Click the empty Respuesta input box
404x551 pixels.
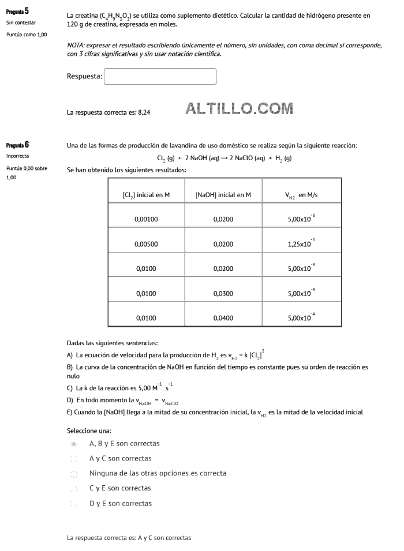tap(160, 77)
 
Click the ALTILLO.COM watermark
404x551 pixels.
tap(240, 108)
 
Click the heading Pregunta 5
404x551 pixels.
tap(18, 11)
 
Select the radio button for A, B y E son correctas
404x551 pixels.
tap(74, 444)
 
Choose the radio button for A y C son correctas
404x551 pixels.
tap(74, 458)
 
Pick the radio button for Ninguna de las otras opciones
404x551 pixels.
tap(74, 473)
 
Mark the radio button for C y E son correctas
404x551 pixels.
tap(74, 488)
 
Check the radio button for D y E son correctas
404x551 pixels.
tap(74, 503)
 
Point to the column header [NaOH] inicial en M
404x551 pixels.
tap(223, 195)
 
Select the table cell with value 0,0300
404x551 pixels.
tap(223, 293)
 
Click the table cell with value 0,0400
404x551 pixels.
tap(223, 318)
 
